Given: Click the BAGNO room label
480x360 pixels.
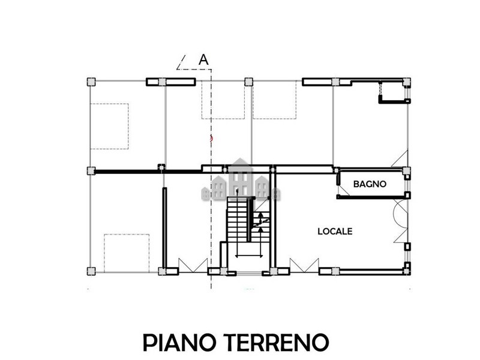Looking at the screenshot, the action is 370,184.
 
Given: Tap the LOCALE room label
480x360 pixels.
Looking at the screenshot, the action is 335,232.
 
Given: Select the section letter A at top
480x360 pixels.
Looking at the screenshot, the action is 203,59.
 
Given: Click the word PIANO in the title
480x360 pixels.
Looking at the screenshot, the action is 179,342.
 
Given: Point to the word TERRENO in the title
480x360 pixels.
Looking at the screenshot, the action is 276,342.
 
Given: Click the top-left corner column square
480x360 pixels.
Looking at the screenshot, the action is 91,82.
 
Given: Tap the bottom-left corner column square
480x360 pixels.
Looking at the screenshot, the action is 91,271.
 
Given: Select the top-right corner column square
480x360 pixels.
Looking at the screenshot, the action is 407,82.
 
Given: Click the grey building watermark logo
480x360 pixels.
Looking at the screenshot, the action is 241,180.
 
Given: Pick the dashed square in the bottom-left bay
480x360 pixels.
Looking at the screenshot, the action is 127,253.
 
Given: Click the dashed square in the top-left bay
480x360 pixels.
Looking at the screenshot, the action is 109,127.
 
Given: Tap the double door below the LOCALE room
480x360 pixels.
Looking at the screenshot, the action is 304,265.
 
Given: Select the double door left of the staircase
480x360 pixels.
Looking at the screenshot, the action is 193,265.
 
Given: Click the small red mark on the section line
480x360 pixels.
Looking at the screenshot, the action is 211,139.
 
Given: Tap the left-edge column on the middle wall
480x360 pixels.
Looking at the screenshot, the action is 91,171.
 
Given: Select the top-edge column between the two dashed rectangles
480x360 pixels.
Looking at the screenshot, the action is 249,82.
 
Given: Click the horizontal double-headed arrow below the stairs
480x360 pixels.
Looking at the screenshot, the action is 249,256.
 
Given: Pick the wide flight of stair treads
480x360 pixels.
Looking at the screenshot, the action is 237,219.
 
